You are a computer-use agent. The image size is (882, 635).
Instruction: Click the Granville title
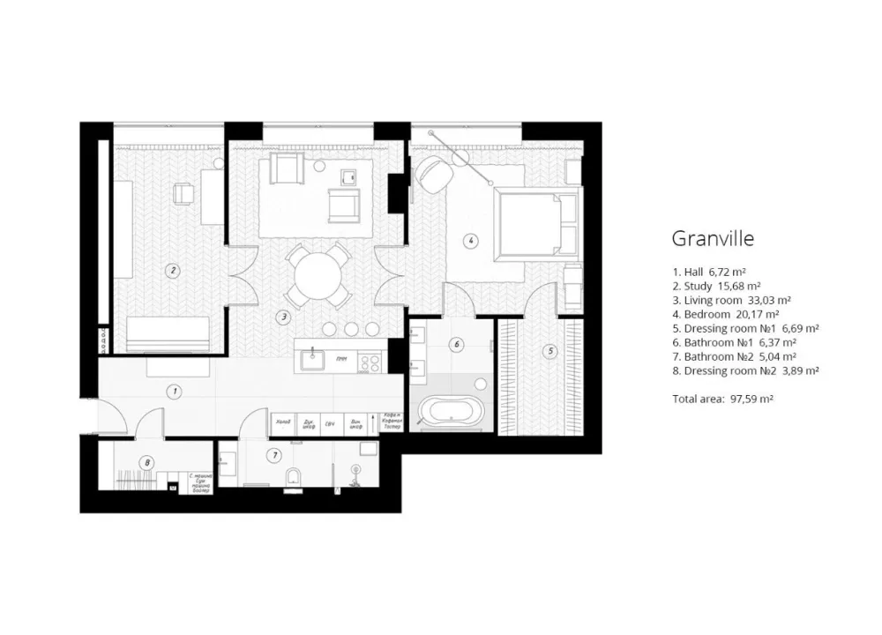coord(713,238)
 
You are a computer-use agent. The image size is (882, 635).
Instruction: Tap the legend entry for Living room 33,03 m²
coord(731,299)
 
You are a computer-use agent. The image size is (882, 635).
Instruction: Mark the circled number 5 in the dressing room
coord(551,351)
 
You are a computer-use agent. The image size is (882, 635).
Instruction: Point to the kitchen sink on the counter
coord(312,358)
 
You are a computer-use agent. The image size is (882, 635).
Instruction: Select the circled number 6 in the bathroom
coord(456,345)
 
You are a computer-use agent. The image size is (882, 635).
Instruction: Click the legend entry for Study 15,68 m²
coord(716,286)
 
